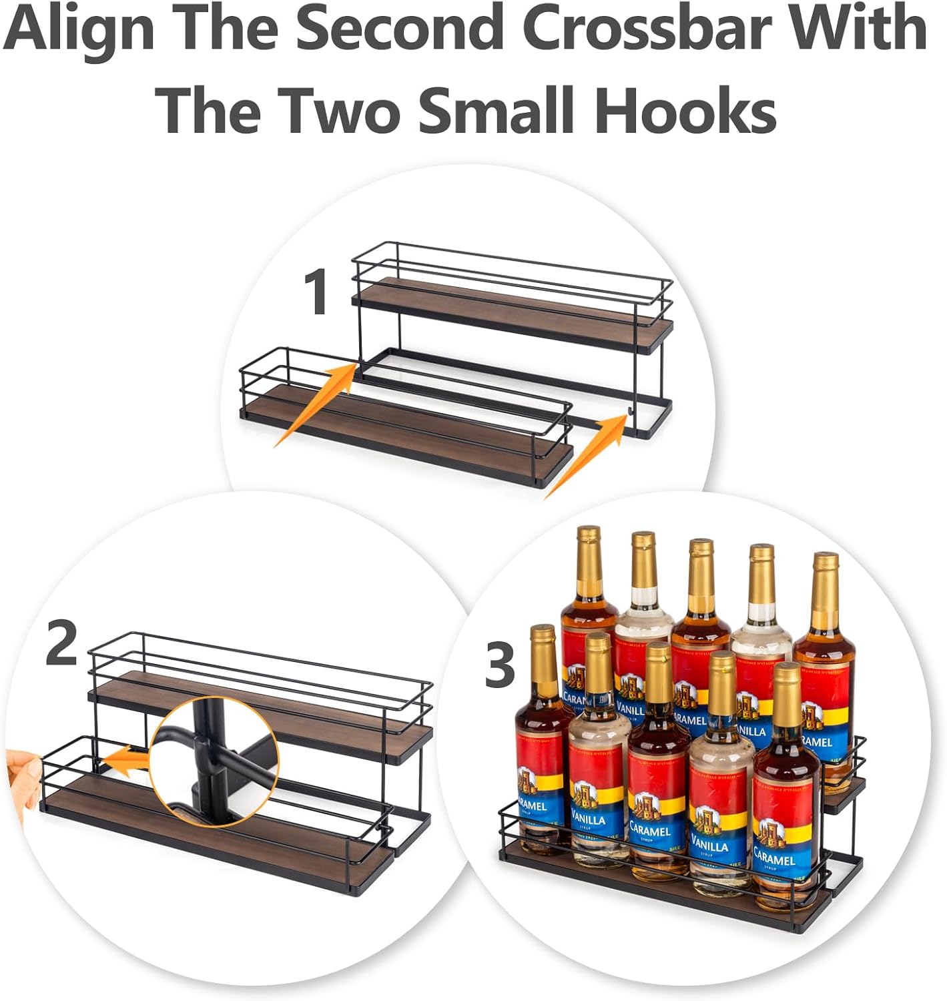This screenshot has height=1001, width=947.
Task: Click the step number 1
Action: click(316, 292)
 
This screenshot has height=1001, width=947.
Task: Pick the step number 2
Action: click(62, 643)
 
